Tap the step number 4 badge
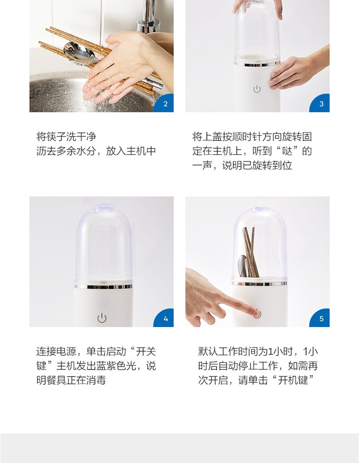coord(165,319)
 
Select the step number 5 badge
coord(321,319)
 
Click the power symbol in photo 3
coord(257,89)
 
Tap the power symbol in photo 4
coord(102,318)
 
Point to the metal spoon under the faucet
coord(79,53)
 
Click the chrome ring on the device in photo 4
coord(103,286)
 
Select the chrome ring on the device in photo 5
coord(259,284)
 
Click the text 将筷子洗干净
coord(66,137)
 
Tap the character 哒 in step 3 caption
coord(287,151)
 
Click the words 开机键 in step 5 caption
coord(293,380)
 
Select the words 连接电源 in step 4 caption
coord(56,351)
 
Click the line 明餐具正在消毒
coord(71,380)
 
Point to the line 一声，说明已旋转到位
coord(242,166)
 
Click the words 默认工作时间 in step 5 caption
coord(228,351)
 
